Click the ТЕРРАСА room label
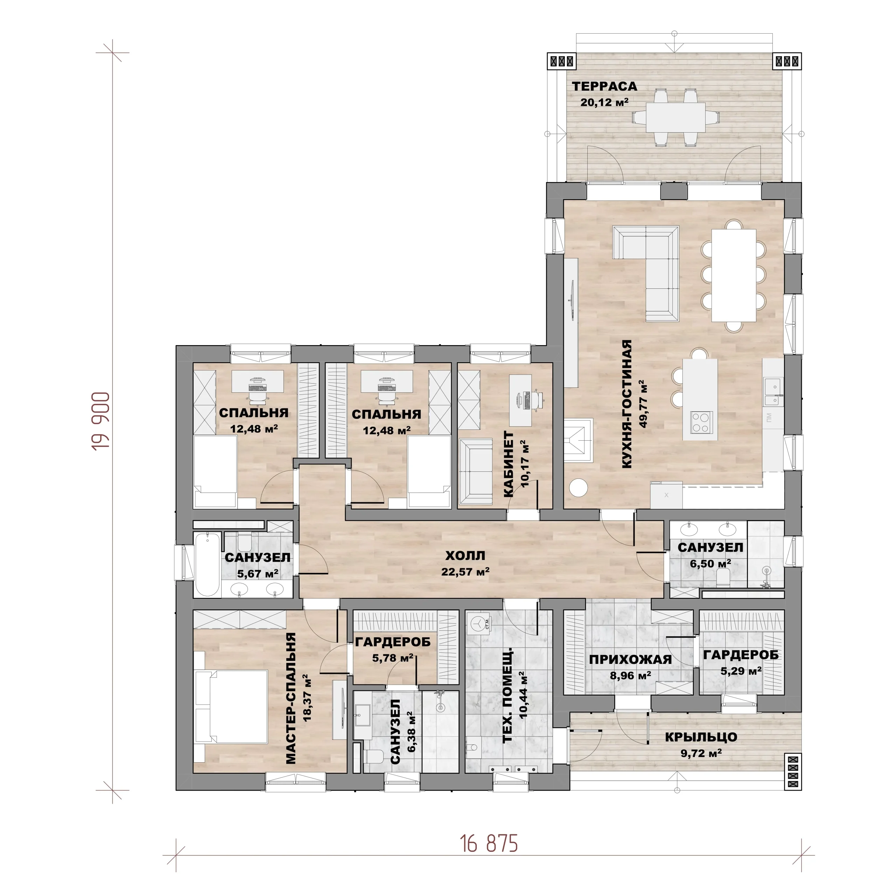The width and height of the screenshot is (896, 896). click(x=604, y=86)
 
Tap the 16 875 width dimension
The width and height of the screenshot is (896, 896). click(x=489, y=843)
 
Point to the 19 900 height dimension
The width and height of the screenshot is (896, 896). click(x=101, y=421)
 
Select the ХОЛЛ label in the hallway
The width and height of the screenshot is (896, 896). click(x=465, y=555)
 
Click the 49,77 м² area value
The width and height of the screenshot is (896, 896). click(x=643, y=404)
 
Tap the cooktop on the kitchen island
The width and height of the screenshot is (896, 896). click(x=701, y=422)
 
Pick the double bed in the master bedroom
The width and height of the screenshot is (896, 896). click(x=231, y=707)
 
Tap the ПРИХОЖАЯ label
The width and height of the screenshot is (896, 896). click(x=630, y=659)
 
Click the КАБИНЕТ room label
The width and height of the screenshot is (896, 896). click(x=509, y=464)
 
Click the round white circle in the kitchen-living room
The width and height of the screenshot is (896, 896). click(x=578, y=488)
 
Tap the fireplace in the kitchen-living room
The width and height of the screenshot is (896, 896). click(x=578, y=440)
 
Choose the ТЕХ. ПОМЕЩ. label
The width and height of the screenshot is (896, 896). click(x=508, y=696)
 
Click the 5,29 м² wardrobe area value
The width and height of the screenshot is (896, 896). click(x=741, y=671)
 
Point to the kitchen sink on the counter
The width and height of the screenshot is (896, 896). click(x=773, y=392)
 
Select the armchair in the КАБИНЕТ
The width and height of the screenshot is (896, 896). click(x=475, y=471)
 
